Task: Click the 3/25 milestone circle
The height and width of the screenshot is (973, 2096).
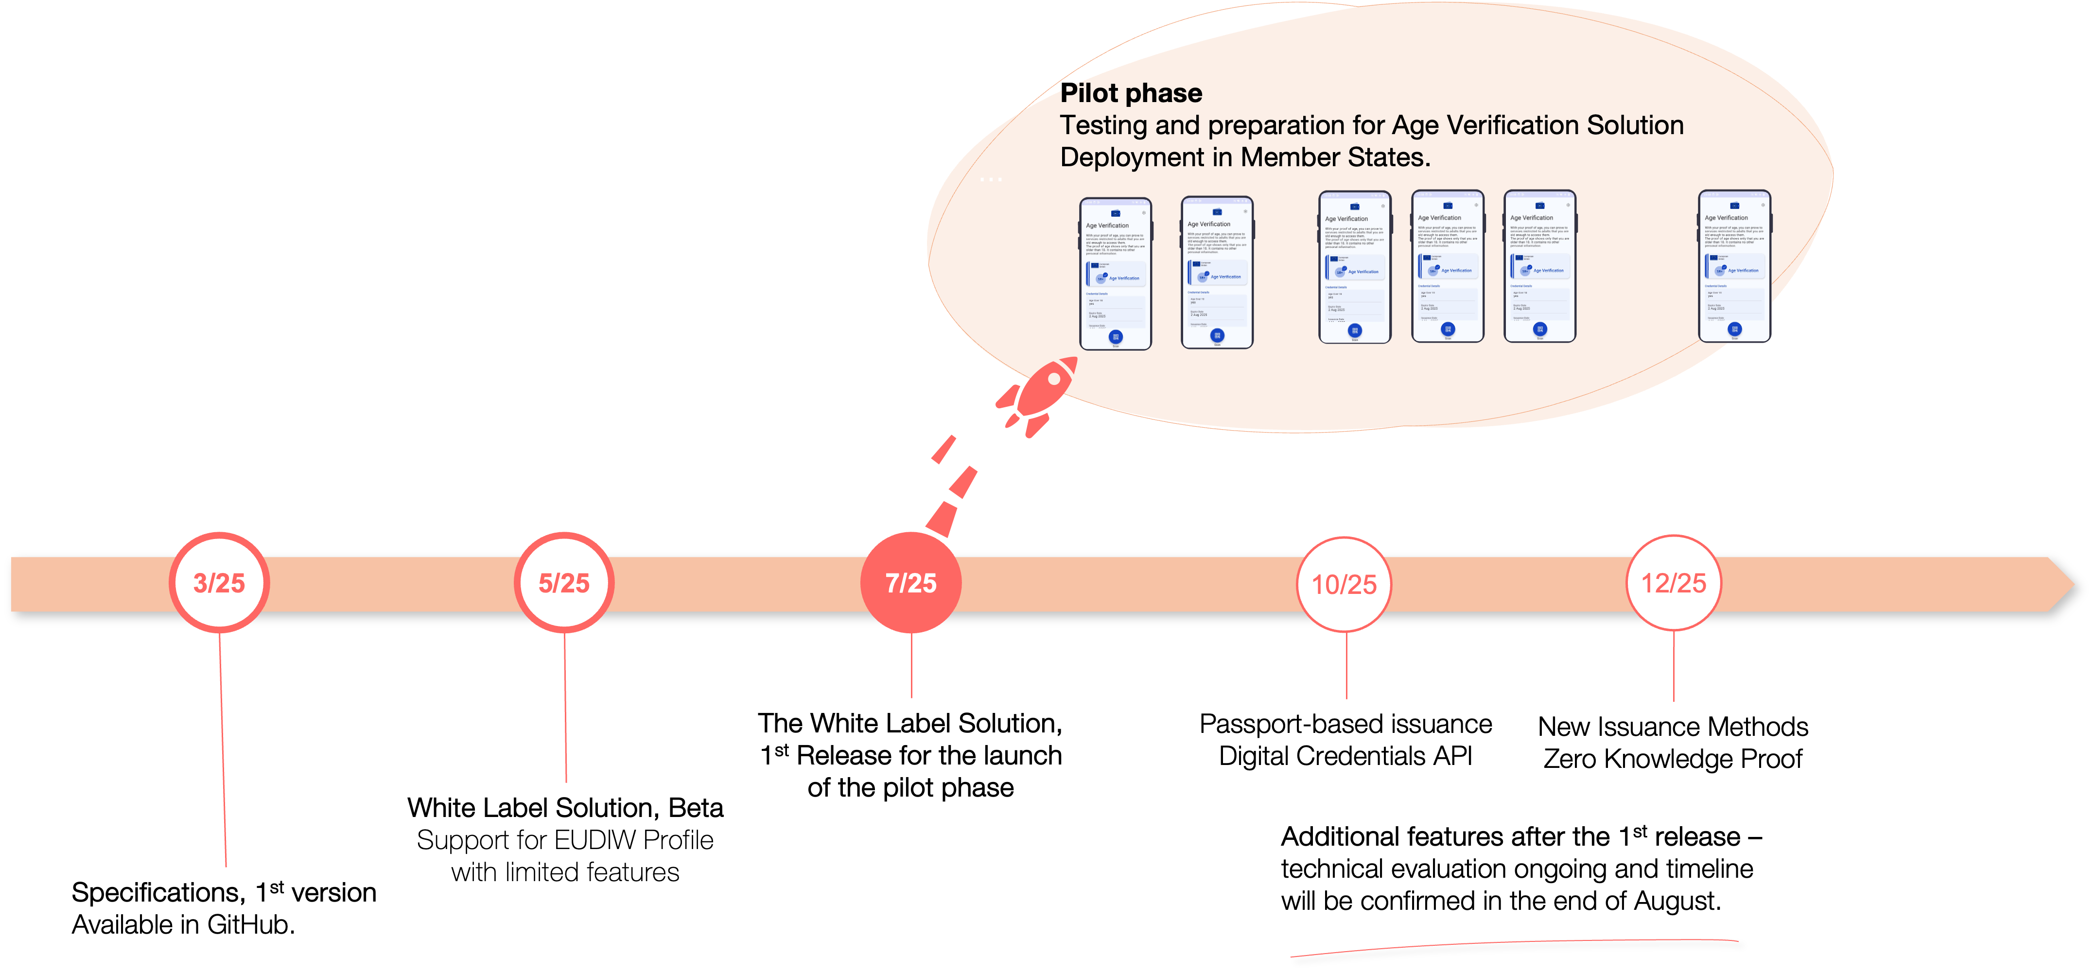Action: tap(219, 583)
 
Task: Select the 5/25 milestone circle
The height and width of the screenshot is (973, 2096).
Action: tap(564, 583)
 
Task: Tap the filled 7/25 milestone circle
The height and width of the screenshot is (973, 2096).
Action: tap(910, 583)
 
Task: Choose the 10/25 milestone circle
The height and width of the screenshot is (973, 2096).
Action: tap(1344, 584)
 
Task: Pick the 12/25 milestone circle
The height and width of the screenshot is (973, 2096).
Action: tap(1673, 583)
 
